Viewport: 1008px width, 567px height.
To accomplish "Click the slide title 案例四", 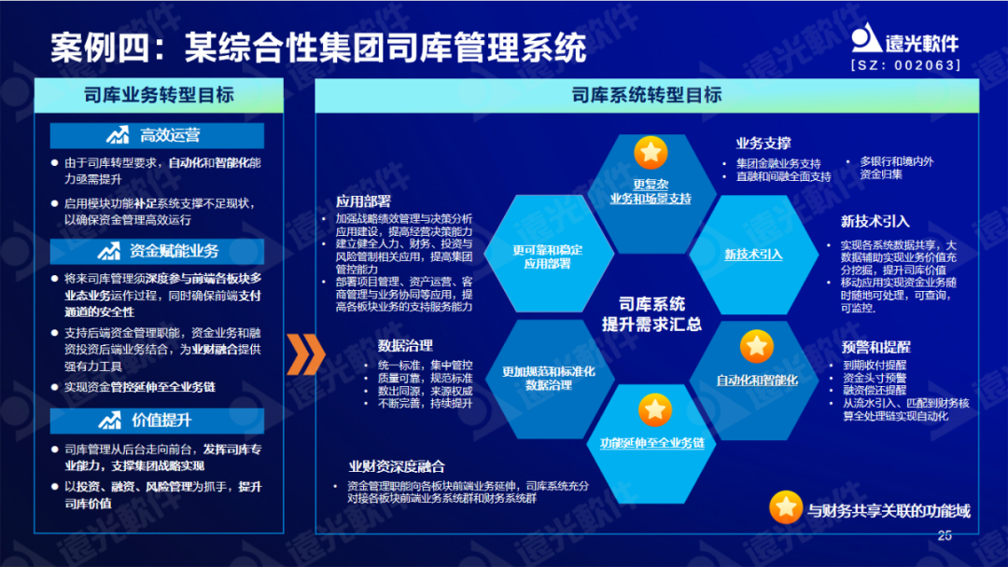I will [x=317, y=46].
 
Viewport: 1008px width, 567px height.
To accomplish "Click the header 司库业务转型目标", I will [x=159, y=95].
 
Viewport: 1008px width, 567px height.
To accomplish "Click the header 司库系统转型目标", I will [x=647, y=95].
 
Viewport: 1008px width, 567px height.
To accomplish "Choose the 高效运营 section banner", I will [x=157, y=136].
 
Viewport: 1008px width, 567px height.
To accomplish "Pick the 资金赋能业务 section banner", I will [x=157, y=251].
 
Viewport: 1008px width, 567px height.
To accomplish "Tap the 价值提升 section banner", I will [x=157, y=420].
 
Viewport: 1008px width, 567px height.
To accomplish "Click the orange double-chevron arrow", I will [x=304, y=353].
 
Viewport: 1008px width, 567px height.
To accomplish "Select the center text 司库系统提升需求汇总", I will [x=651, y=314].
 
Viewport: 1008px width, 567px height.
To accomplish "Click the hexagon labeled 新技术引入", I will [x=753, y=254].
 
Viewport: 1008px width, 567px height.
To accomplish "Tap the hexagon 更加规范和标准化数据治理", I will [x=548, y=377].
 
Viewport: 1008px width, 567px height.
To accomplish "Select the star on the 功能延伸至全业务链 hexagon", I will [x=652, y=408].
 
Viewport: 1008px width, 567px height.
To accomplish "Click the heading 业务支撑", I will [x=763, y=144].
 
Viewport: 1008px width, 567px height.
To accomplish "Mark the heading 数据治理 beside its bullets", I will [x=406, y=344].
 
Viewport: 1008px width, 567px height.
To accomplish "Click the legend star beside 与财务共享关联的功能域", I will [x=786, y=507].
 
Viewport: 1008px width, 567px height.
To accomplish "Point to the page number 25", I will [x=944, y=535].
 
